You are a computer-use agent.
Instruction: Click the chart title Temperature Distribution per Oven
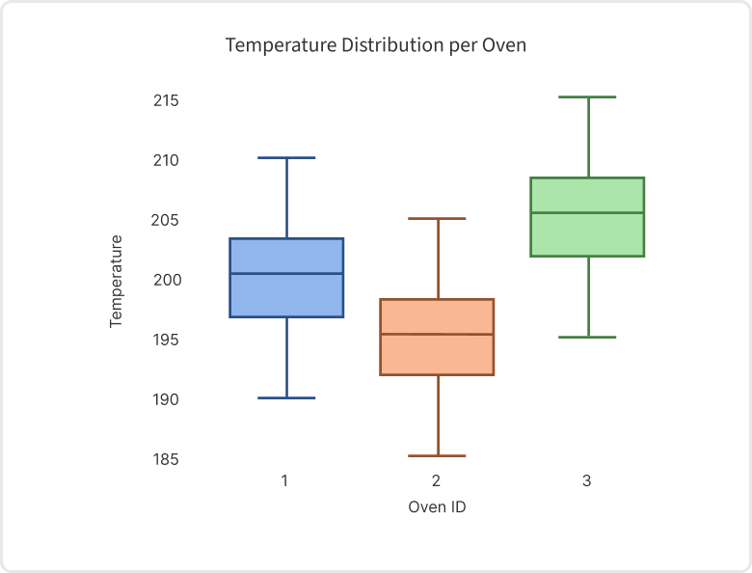[375, 45]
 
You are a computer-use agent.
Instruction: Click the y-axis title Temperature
[117, 281]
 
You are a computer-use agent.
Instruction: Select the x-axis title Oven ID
[437, 506]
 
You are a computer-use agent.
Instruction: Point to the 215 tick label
[166, 100]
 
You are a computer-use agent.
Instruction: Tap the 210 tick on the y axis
[166, 160]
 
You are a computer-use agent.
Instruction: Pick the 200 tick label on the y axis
[166, 280]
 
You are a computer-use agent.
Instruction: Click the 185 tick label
[166, 459]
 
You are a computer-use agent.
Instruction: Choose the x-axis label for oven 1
[285, 479]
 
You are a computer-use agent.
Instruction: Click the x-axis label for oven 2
[437, 479]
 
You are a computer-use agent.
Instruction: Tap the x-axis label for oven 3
[587, 479]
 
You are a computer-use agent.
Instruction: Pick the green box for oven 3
[587, 234]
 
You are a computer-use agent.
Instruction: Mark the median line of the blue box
[286, 274]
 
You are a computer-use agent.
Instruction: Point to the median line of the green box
[587, 213]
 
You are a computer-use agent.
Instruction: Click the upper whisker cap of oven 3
[587, 96]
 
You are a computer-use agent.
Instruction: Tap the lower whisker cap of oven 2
[437, 455]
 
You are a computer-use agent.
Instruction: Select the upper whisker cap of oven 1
[286, 157]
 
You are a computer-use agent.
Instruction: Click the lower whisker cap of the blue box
[286, 397]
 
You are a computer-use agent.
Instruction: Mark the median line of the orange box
[437, 335]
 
